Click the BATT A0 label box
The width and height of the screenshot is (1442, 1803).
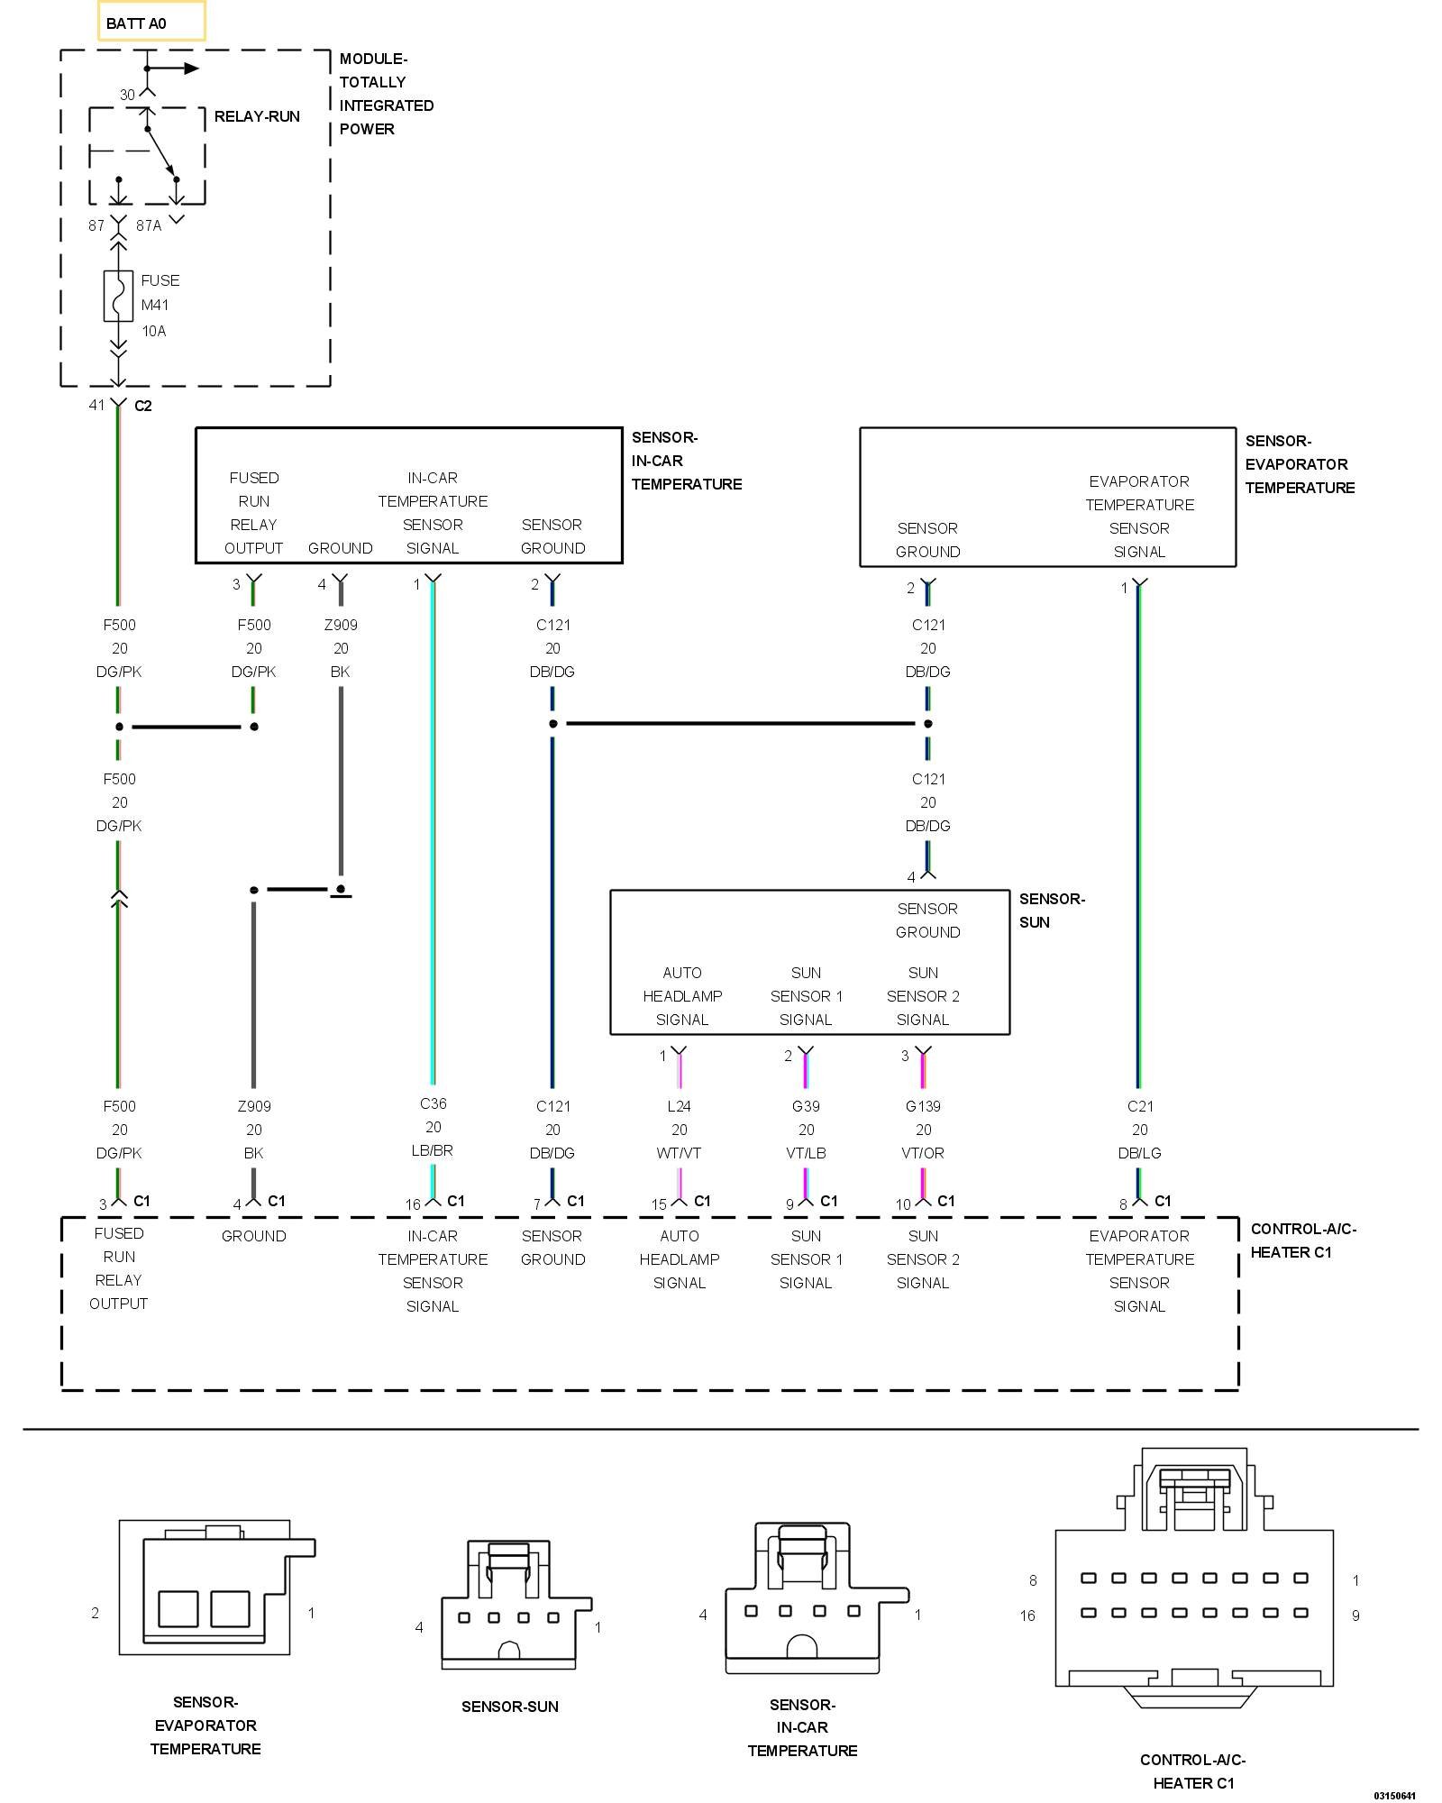pos(151,22)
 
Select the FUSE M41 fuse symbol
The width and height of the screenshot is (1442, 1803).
pos(118,296)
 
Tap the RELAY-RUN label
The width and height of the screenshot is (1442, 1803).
pos(257,116)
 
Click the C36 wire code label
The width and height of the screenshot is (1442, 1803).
pos(434,1103)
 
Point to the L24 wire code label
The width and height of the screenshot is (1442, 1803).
pos(680,1106)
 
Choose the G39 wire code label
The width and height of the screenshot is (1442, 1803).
pos(806,1106)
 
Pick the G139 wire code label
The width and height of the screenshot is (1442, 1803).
pos(923,1106)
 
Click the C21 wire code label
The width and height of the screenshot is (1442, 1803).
pos(1140,1106)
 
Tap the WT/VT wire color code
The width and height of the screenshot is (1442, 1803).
pos(680,1153)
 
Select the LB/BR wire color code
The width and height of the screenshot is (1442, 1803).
pos(434,1150)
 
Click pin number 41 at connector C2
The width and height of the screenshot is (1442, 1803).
pos(96,405)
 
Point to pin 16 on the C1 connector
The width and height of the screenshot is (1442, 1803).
pos(413,1204)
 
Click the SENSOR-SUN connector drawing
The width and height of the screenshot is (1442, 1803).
pos(516,1605)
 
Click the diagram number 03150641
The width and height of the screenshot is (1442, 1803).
pos(1395,1795)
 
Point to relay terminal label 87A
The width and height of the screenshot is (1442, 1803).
pos(149,225)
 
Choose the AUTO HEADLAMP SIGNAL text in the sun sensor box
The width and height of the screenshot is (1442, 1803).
pos(682,996)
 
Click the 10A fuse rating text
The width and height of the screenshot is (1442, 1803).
pos(154,331)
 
